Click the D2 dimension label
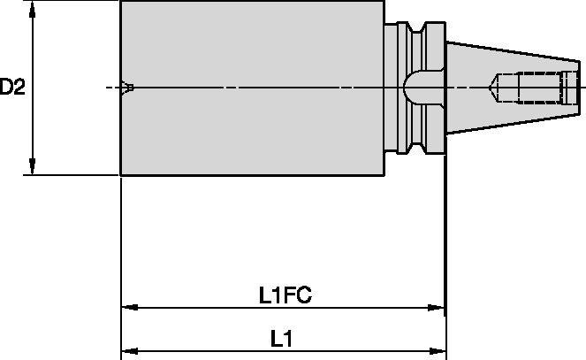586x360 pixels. pyautogui.click(x=11, y=87)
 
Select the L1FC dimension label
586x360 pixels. pyautogui.click(x=284, y=296)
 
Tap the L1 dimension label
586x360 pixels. pyautogui.click(x=282, y=338)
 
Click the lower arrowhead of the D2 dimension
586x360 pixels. pyautogui.click(x=33, y=167)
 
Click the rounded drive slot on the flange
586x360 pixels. pyautogui.click(x=415, y=87)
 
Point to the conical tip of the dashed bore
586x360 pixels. pyautogui.click(x=491, y=87)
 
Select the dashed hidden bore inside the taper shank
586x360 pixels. pyautogui.click(x=530, y=87)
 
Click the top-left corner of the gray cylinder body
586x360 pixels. pyautogui.click(x=121, y=2)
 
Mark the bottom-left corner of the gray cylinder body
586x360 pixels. pyautogui.click(x=121, y=174)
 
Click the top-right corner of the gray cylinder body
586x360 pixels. pyautogui.click(x=385, y=2)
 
